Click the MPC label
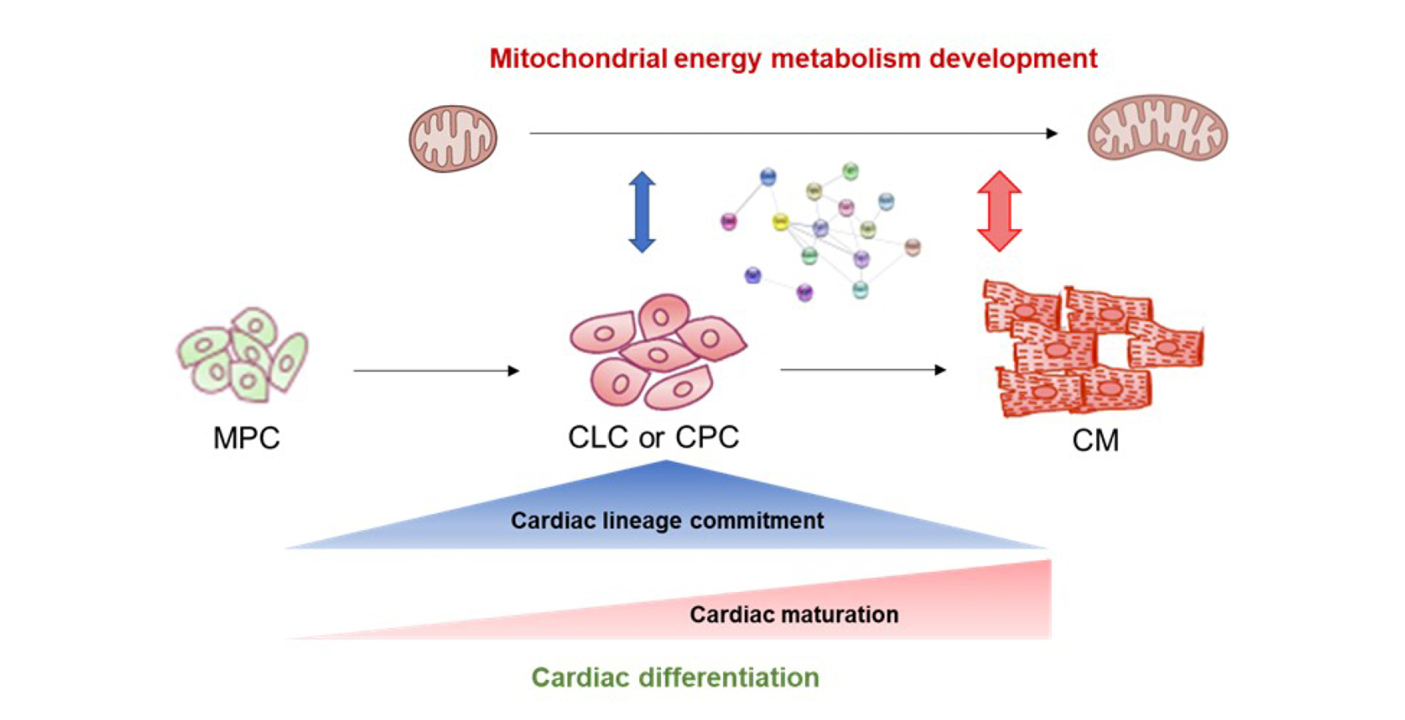coord(246,438)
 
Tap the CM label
coord(1095,441)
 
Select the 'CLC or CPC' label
coord(654,437)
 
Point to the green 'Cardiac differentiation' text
coord(675,677)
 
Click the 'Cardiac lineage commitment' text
coord(667,520)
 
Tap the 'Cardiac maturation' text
coord(794,615)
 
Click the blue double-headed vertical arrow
coord(642,212)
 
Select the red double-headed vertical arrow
coord(999,211)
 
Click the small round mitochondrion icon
coord(453,138)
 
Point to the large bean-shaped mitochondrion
coord(1158,128)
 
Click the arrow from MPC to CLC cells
coord(436,371)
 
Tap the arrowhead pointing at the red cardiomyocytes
coord(940,370)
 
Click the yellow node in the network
coord(781,221)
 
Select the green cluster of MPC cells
coord(243,354)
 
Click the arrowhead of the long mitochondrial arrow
coord(1052,133)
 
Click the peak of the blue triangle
coord(666,463)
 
